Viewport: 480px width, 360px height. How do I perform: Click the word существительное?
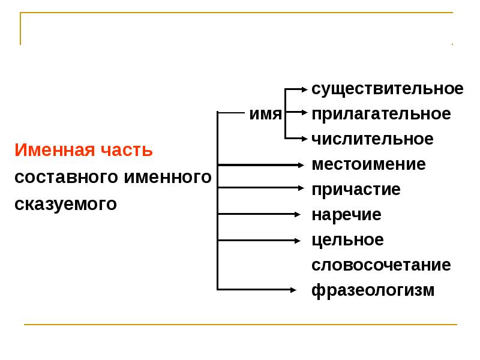387,89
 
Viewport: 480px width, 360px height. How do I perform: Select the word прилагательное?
381,115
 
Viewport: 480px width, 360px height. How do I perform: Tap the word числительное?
372,139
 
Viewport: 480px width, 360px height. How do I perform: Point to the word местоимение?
368,164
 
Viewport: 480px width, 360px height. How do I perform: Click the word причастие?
356,190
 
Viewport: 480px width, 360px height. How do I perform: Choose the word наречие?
347,215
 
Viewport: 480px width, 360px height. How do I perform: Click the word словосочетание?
381,265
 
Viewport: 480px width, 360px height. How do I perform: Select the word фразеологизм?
373,290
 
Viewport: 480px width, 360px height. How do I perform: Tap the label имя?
265,114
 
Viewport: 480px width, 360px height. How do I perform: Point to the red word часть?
127,150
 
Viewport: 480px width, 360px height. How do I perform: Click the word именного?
168,177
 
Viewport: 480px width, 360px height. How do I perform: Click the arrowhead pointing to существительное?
305,89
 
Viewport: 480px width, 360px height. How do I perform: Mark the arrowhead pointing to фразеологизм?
293,290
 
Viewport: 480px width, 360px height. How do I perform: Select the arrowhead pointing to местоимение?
301,166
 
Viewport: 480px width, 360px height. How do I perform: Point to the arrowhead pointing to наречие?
297,214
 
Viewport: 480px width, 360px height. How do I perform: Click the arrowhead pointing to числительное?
305,139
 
